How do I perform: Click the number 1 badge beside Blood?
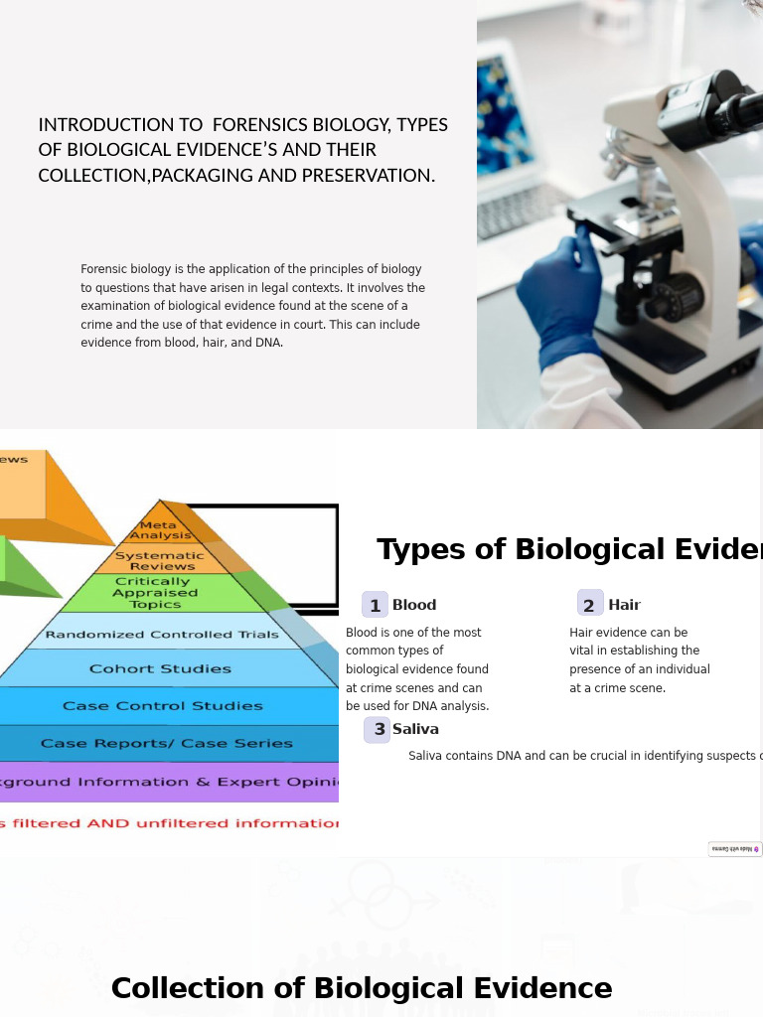click(x=376, y=605)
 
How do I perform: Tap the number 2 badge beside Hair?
click(x=590, y=605)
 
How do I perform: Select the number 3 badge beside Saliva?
click(x=377, y=730)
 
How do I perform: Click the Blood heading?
click(x=414, y=605)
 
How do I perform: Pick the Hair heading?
click(x=625, y=605)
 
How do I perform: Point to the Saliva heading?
click(x=415, y=729)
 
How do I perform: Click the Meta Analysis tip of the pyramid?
click(x=159, y=529)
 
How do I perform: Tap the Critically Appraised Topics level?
click(x=155, y=593)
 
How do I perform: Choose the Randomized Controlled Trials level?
click(x=162, y=635)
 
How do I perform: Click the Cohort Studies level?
click(x=160, y=668)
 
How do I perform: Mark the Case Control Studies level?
click(x=162, y=706)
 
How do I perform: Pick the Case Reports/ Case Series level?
click(x=166, y=743)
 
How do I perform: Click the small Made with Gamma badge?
click(x=735, y=849)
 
